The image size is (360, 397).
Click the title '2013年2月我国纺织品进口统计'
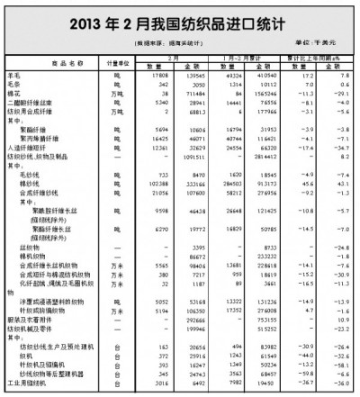click(x=180, y=21)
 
